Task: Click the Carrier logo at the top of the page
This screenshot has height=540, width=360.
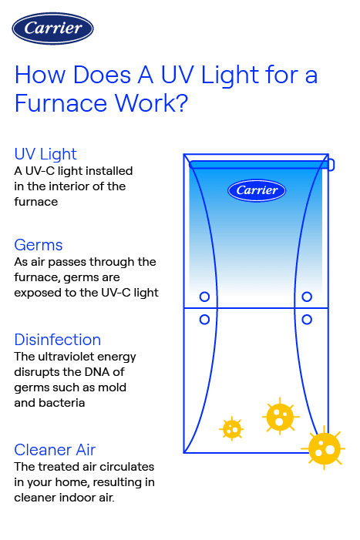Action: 53,29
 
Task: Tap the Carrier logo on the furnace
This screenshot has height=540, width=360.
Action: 257,190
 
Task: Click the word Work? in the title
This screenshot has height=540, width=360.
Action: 154,103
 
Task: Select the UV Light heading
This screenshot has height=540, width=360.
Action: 45,154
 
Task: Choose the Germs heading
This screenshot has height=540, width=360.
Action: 39,245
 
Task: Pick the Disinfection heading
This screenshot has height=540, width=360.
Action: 58,340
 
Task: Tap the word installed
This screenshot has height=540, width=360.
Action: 111,170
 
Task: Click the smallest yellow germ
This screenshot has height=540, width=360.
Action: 231,428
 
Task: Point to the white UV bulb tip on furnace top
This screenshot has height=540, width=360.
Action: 331,164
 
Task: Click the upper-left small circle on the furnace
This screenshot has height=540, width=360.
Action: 204,297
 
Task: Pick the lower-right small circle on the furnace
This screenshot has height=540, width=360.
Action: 307,318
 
